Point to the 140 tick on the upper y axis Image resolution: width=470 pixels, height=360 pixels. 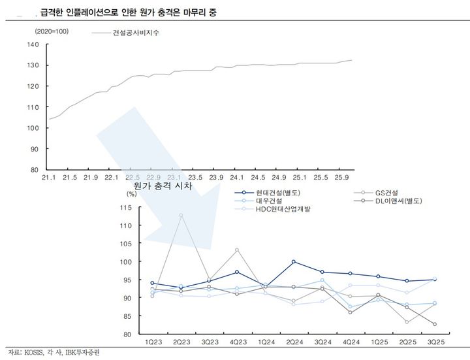tap(34, 44)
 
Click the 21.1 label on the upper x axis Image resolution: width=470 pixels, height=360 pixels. tap(49, 177)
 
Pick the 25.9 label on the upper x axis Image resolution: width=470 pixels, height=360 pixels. tap(341, 177)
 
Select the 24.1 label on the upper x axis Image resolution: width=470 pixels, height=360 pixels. tap(237, 177)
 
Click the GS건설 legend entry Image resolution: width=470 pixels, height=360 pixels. tap(389, 192)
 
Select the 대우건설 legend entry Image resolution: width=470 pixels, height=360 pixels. tap(264, 201)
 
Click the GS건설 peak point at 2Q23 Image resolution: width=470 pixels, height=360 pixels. tap(181, 215)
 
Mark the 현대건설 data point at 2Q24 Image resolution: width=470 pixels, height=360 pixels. tap(293, 261)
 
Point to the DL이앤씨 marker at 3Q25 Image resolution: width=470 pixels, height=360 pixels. tap(435, 324)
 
